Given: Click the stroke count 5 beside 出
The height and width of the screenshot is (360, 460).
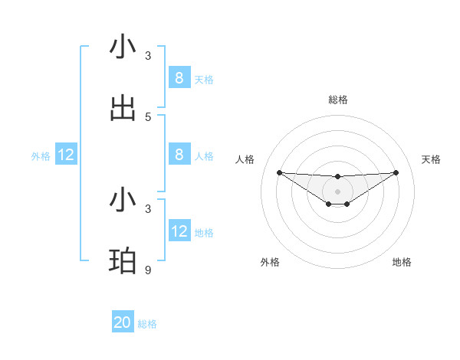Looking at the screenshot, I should coord(148,117).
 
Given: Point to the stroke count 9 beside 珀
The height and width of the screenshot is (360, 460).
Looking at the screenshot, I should coord(148,270).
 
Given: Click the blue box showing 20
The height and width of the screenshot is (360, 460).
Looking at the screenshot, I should coord(123,322).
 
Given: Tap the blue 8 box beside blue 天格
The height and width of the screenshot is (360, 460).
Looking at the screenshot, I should coord(179,77).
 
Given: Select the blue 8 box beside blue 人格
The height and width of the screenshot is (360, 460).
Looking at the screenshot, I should coord(179,154).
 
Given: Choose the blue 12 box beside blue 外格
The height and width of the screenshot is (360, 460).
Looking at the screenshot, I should coord(66,155).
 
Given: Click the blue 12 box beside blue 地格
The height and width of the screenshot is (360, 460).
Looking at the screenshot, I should coord(179,231).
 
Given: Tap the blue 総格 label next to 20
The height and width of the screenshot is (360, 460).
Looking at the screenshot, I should coord(147,324).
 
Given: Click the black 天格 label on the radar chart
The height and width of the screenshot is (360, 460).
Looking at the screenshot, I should coord(431,159).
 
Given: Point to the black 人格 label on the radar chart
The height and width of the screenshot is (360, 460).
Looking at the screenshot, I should coord(245,159).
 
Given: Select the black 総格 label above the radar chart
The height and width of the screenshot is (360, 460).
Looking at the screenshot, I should coord(338,100).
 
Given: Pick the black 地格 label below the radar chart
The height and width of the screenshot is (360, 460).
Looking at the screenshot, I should coord(402,262).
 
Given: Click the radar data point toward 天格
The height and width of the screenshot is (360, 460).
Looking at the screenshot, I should coord(396,172).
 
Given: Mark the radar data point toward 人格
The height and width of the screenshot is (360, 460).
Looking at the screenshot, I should coord(279,172).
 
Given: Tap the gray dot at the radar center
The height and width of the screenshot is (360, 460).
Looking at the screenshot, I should coord(338,191).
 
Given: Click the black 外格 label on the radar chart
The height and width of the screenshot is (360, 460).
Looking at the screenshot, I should coord(270,262).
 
